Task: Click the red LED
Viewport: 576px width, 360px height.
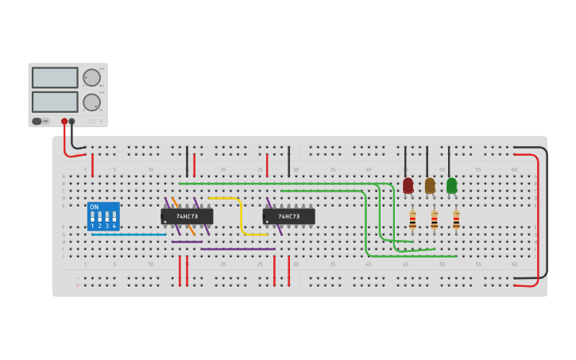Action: click(x=408, y=185)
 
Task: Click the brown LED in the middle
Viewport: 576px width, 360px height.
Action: click(x=430, y=185)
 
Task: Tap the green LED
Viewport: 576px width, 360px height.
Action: click(x=451, y=185)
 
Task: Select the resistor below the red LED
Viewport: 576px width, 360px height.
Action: click(x=412, y=219)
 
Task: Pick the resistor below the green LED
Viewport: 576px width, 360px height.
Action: click(x=456, y=219)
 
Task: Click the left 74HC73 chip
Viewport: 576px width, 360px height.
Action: click(x=187, y=216)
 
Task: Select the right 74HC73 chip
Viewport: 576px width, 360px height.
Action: click(x=288, y=216)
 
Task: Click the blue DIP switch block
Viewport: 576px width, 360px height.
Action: click(x=103, y=216)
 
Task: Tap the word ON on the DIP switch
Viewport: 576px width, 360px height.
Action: click(x=95, y=207)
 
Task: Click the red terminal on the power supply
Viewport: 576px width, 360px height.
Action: click(x=64, y=122)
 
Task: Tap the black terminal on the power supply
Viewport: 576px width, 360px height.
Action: click(x=72, y=122)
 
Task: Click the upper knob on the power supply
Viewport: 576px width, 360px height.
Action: click(x=91, y=77)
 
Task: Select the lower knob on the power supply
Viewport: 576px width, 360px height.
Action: click(x=91, y=102)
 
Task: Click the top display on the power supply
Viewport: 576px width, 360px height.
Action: click(x=55, y=77)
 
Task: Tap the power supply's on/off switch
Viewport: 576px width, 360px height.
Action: click(x=37, y=122)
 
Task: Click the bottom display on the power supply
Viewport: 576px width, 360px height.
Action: click(x=55, y=102)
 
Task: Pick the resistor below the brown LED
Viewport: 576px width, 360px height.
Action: click(x=434, y=219)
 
